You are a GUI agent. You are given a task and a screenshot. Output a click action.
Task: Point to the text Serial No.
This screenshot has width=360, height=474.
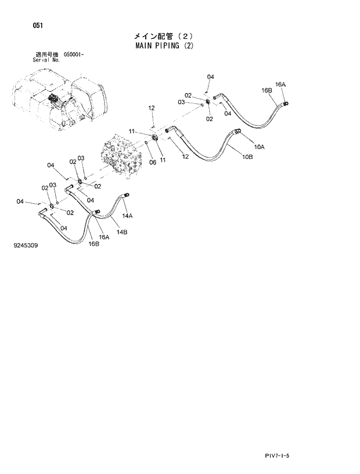[48, 59]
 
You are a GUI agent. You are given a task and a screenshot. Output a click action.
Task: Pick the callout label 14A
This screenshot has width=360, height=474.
[127, 216]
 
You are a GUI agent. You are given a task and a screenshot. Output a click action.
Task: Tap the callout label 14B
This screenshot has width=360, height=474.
[121, 232]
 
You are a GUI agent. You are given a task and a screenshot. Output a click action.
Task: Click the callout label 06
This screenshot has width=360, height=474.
[153, 162]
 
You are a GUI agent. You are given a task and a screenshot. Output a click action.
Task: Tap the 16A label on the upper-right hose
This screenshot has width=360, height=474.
[280, 85]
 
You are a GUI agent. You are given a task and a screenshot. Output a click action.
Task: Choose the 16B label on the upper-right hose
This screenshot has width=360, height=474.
[267, 91]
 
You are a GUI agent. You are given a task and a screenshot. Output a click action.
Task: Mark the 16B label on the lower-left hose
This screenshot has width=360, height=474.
[94, 244]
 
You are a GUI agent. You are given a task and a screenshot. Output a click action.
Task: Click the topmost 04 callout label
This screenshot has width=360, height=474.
[210, 77]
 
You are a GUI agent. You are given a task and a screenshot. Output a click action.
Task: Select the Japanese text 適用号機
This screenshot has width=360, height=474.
[48, 54]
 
